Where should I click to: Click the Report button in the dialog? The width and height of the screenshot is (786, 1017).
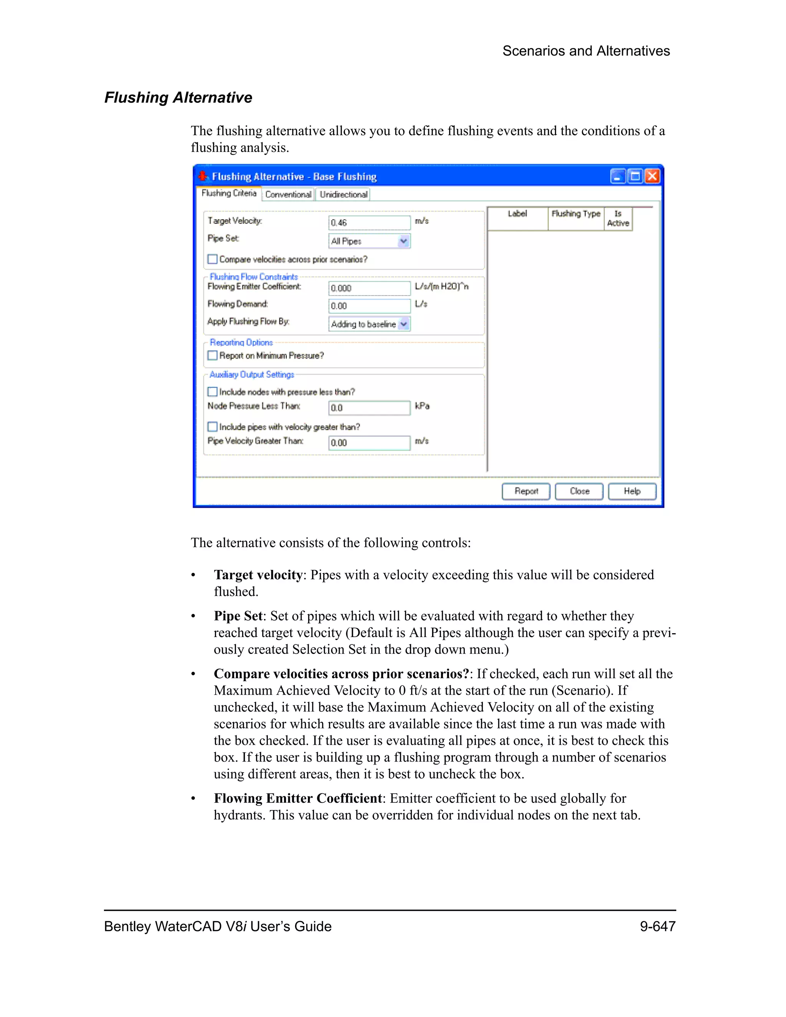(526, 491)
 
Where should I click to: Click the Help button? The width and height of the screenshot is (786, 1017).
(632, 491)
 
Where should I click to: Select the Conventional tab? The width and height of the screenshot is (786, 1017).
(288, 195)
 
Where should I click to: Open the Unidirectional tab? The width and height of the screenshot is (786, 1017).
(343, 195)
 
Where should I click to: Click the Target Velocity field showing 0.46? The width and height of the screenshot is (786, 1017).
(369, 223)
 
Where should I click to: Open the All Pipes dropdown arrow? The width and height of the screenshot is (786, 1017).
(404, 241)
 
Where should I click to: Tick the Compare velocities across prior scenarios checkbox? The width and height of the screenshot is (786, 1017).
(213, 259)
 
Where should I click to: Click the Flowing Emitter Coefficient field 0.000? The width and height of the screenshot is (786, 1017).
(369, 288)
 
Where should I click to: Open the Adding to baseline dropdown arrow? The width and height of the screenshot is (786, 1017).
(404, 324)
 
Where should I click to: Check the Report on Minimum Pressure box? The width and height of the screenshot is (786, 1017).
(213, 355)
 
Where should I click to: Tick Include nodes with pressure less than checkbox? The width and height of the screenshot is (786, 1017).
(213, 391)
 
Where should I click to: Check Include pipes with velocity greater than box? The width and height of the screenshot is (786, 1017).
(213, 426)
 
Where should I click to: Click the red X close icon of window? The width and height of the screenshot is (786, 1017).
(652, 176)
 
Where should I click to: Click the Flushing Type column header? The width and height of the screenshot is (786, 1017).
(576, 214)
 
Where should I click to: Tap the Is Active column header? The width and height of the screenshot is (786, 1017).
(618, 218)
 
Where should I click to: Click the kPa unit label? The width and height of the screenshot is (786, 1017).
(422, 406)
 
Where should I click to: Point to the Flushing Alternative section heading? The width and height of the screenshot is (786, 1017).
(178, 98)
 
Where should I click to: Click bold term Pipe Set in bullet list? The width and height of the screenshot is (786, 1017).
(238, 616)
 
